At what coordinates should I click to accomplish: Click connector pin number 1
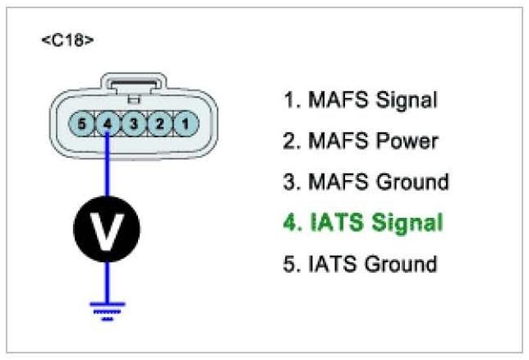pos(186,123)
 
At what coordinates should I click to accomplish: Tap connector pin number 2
pos(160,123)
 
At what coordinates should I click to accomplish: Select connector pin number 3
pos(134,123)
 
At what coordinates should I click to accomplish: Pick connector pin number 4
pos(108,123)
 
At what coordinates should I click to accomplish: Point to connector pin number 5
pos(81,123)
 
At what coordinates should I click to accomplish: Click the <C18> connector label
pos(67,40)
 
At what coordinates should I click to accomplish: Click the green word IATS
pos(337,223)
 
